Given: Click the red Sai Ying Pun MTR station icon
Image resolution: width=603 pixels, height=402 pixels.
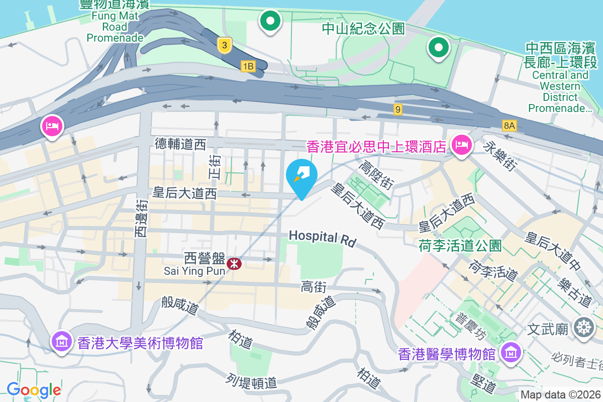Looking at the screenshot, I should [x=233, y=263].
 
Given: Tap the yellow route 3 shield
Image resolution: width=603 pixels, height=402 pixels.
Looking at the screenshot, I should [x=225, y=46].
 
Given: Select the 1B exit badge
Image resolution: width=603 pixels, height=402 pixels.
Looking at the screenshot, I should [x=248, y=66].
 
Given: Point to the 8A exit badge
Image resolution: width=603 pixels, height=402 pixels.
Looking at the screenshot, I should [x=509, y=125].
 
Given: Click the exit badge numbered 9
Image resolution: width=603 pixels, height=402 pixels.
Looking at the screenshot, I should [x=398, y=109].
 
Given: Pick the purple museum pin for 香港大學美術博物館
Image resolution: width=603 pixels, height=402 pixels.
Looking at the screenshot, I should [x=62, y=342].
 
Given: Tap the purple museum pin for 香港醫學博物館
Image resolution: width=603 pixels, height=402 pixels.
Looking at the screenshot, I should [x=511, y=353].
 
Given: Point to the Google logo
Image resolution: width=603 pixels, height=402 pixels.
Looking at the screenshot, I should [x=34, y=389].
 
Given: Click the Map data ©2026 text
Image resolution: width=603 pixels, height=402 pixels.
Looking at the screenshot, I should [x=560, y=395].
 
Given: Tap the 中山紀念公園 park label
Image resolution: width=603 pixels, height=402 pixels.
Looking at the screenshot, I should [x=363, y=29].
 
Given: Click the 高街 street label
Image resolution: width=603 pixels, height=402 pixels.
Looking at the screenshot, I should [x=314, y=287].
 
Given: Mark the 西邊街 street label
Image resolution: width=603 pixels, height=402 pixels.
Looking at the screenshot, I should [x=141, y=218].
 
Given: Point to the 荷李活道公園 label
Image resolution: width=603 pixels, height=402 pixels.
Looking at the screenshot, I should [x=460, y=246].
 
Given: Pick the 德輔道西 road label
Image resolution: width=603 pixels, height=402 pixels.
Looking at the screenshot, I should [x=180, y=145].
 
